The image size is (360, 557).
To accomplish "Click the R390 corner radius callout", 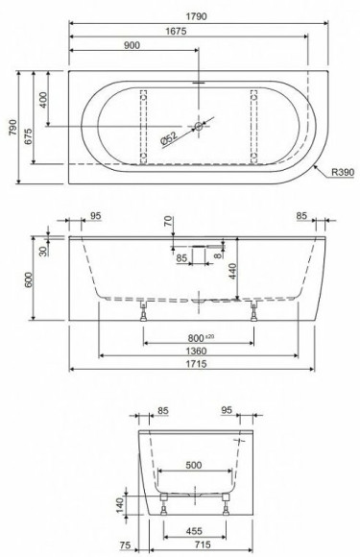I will click(x=344, y=172).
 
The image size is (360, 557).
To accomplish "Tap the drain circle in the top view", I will click(x=200, y=126).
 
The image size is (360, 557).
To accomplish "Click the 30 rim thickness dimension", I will click(x=43, y=250).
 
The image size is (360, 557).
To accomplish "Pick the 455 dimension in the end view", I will click(x=193, y=528).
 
